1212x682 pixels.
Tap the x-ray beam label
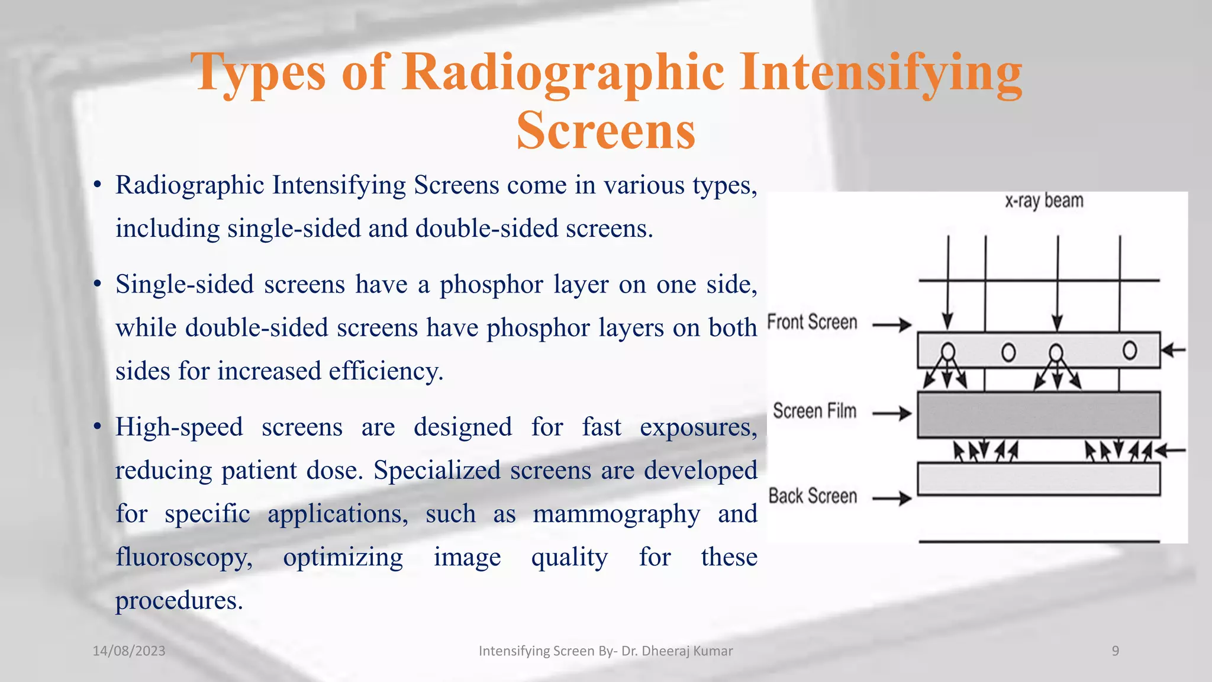[1044, 201]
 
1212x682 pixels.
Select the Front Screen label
[812, 323]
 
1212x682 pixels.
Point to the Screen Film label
[814, 411]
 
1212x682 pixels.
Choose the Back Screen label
[813, 496]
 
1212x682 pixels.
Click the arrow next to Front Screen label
[892, 324]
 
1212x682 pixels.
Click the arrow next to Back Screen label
[892, 498]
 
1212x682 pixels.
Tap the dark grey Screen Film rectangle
[1039, 414]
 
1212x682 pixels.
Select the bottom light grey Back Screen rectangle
[1039, 479]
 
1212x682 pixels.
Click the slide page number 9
[1115, 651]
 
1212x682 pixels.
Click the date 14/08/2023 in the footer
[129, 651]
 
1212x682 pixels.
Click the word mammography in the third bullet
[616, 514]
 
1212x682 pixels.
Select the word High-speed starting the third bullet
[179, 427]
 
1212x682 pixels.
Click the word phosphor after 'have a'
[491, 285]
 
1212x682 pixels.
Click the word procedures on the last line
[179, 600]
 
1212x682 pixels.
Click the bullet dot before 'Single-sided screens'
[98, 285]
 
